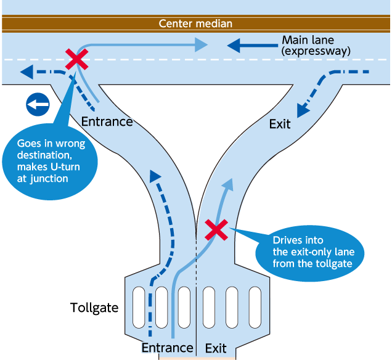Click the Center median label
pos(195,24)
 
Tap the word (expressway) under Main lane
pos(316,51)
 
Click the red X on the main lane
pos(77,59)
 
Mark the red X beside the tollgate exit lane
pos(216,230)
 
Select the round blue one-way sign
pos(38,105)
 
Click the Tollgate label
pos(94,308)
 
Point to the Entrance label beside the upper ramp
pos(107,122)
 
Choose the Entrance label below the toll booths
pos(167,348)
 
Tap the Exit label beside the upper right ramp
pos(280,124)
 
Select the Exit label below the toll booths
pos(216,348)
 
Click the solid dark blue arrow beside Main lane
pos(253,46)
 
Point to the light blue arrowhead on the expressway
pos(201,45)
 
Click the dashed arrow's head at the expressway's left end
pos(27,72)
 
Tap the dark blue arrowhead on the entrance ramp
pos(155,176)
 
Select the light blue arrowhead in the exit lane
pos(228,185)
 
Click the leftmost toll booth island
pos(139,307)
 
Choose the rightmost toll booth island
pos(255,307)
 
